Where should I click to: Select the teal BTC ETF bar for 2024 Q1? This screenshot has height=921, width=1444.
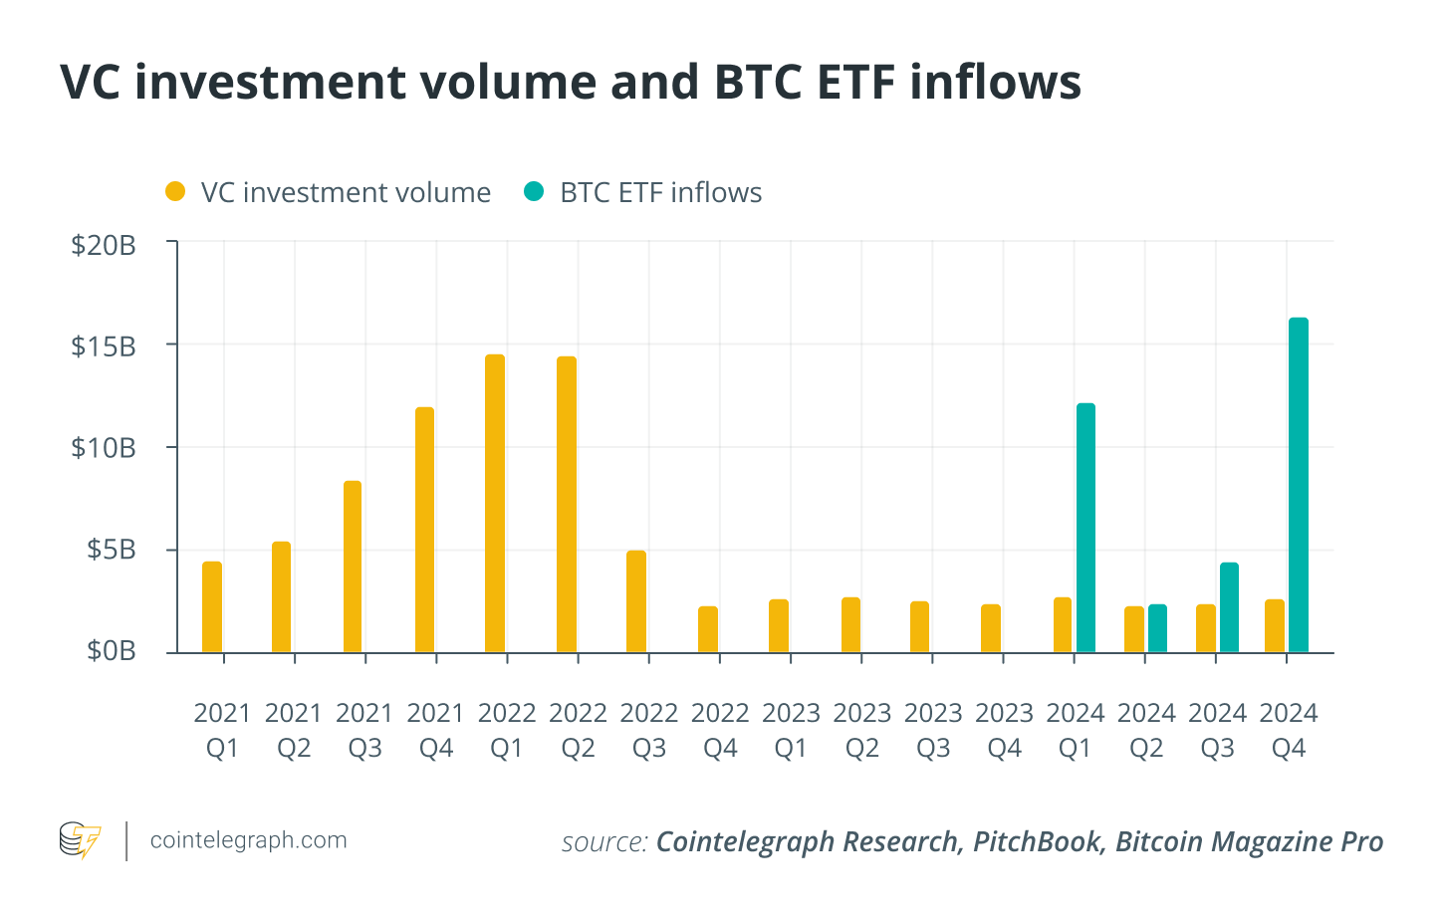click(1085, 528)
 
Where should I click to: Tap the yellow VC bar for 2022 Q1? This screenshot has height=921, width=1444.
click(495, 504)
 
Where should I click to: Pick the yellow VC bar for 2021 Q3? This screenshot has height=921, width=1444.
click(353, 567)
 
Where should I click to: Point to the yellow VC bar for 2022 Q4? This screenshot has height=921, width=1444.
click(708, 629)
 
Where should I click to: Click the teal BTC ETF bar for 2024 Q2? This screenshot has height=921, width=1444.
click(1157, 628)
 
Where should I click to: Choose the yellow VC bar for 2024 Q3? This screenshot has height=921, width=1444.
click(1206, 628)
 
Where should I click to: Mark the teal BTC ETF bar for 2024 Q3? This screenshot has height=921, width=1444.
click(1229, 607)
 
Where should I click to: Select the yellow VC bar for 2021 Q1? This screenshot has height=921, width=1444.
click(212, 607)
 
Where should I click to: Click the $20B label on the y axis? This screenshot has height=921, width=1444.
click(104, 245)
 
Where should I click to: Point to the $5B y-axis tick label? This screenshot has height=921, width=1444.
click(111, 550)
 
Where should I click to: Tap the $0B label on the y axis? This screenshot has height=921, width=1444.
click(111, 651)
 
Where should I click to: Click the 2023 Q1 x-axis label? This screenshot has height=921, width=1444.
click(791, 730)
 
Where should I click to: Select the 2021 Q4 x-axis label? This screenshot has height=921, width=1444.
click(436, 730)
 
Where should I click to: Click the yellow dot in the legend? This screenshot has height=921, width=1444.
click(175, 192)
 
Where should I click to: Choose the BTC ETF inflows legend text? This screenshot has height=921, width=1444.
click(660, 192)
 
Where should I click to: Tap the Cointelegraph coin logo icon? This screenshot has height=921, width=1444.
click(80, 840)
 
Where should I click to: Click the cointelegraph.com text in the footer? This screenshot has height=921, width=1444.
click(249, 840)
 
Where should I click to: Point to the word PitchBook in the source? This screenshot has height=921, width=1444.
click(1037, 842)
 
